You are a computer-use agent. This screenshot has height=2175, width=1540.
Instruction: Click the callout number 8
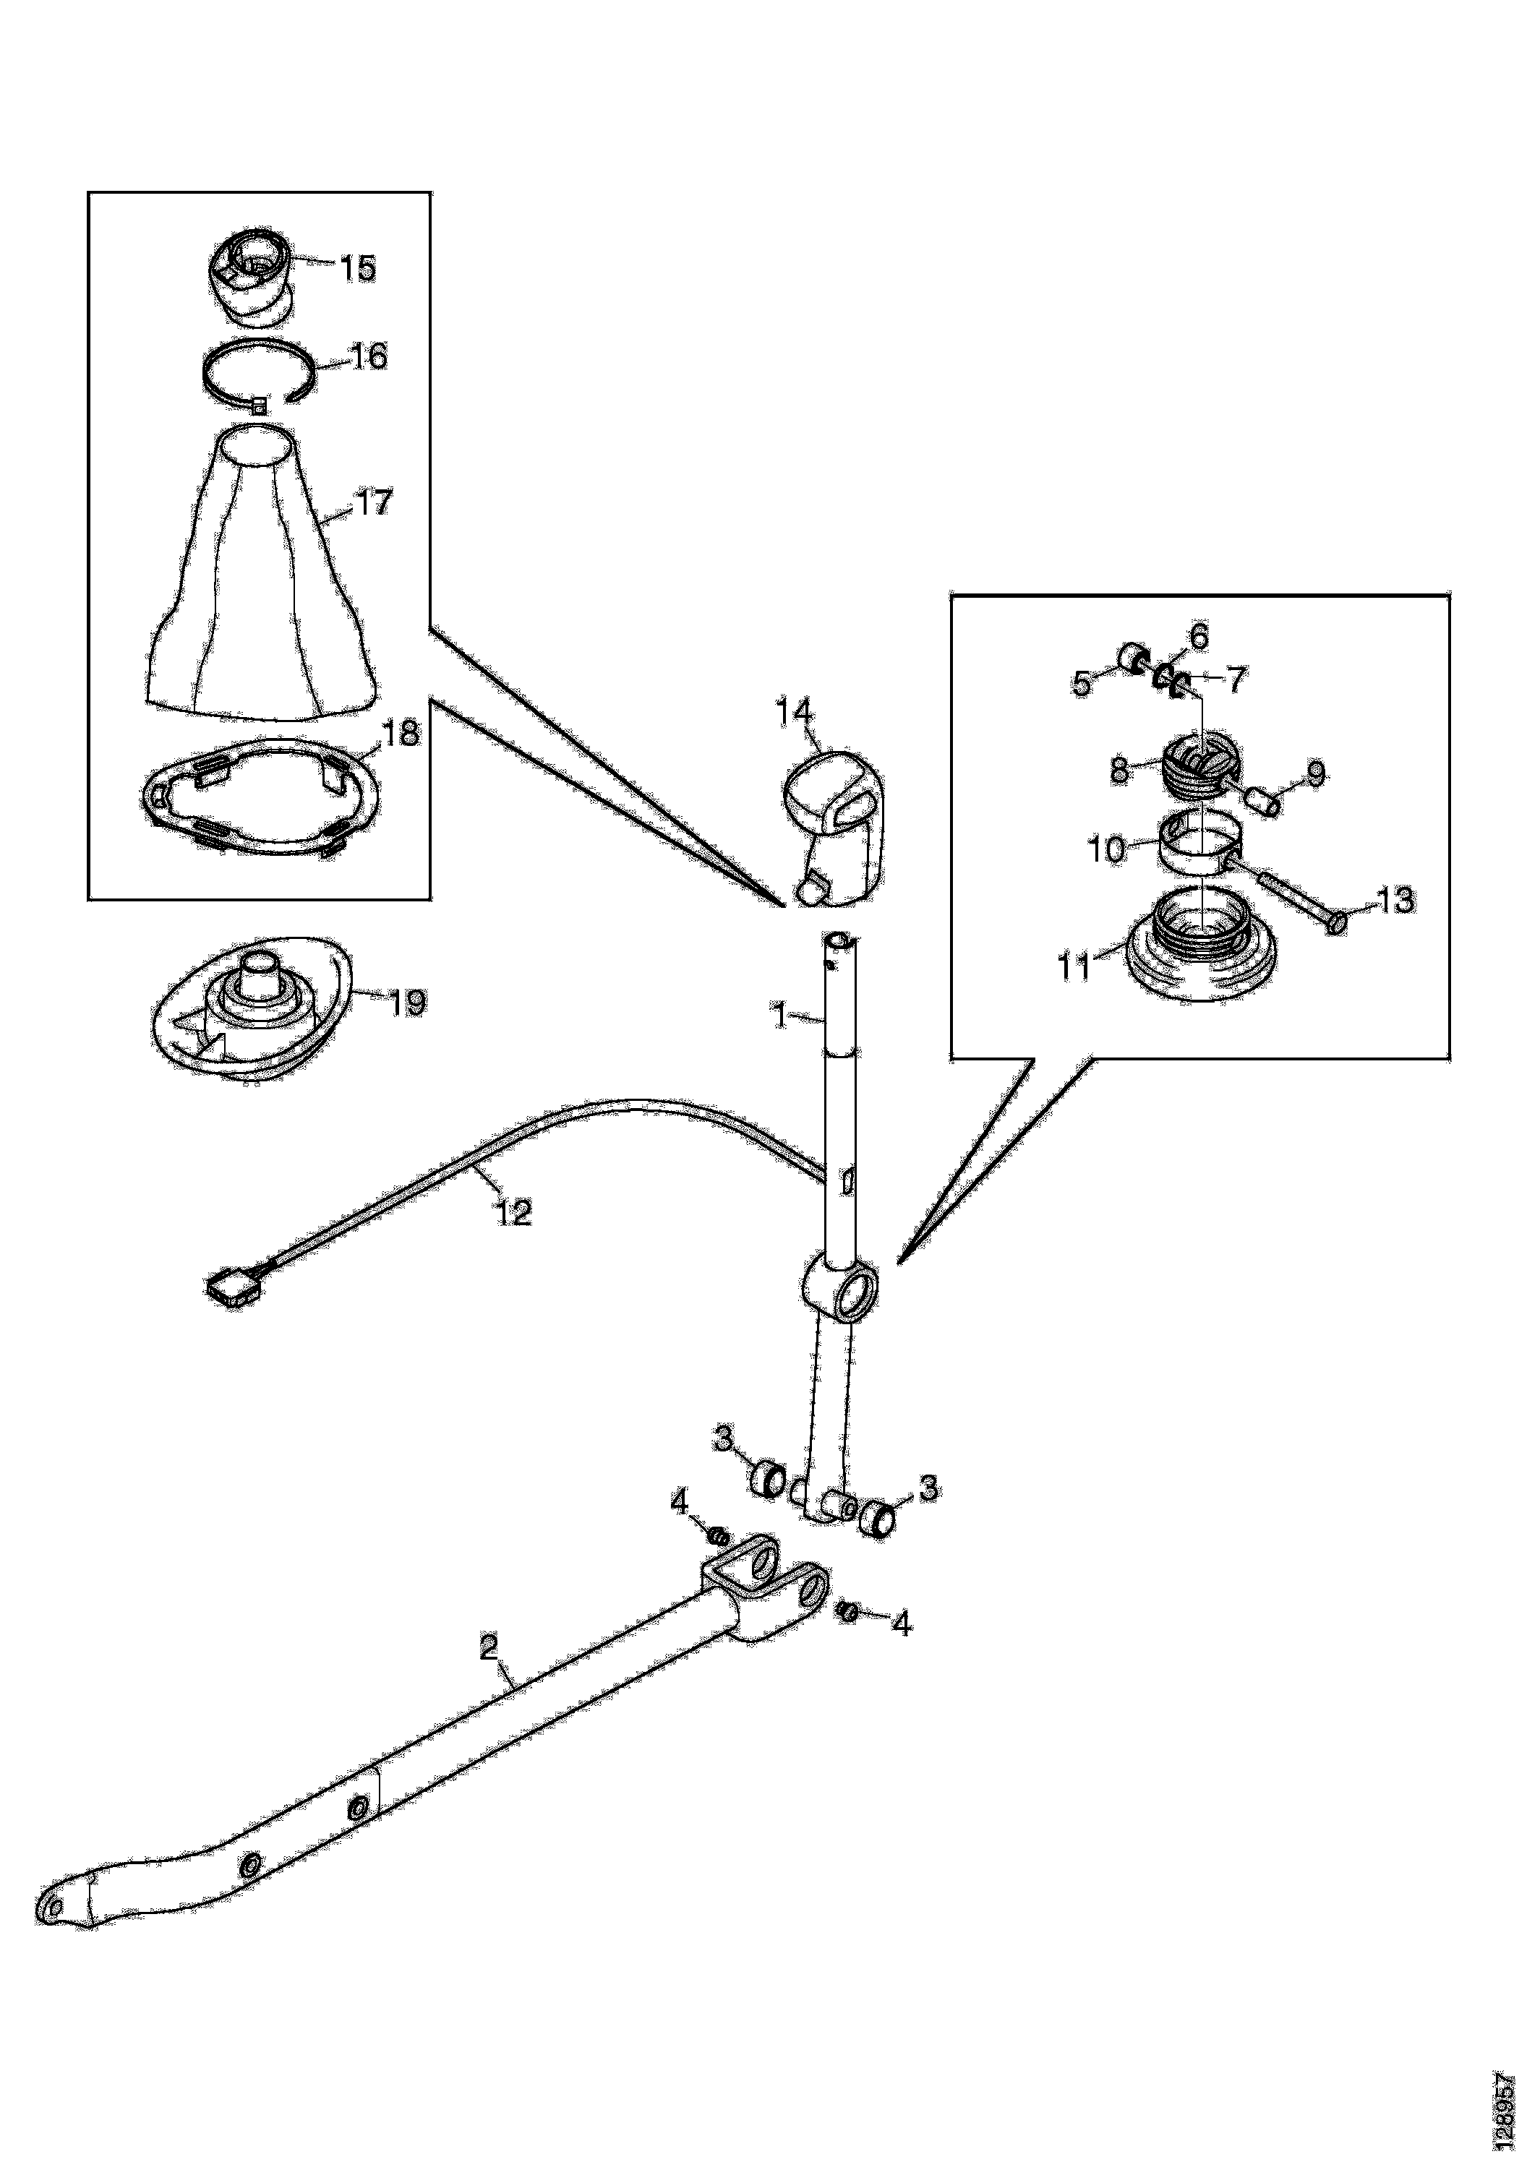[1121, 771]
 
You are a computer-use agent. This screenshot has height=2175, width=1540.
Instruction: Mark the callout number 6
[1199, 636]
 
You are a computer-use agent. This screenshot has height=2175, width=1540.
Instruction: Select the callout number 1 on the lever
[779, 1016]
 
